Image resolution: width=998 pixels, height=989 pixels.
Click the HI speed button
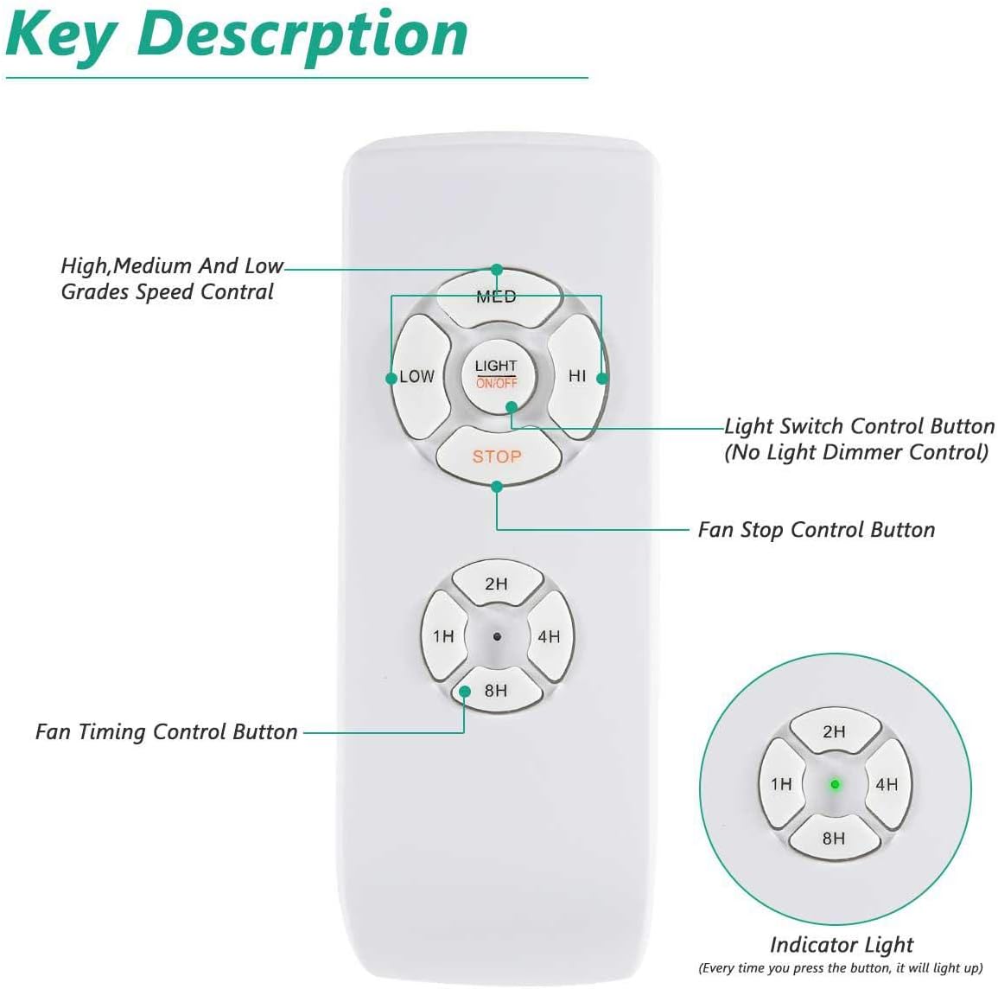(577, 376)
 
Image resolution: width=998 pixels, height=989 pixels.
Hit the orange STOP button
(497, 456)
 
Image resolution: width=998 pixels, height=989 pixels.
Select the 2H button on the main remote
(496, 584)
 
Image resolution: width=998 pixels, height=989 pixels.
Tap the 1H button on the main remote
(443, 636)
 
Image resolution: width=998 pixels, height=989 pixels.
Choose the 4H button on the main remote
(549, 636)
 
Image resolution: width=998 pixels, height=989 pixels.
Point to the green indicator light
(835, 785)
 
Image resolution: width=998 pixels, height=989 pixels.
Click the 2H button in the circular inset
(834, 731)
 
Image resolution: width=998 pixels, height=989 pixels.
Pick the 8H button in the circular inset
(834, 838)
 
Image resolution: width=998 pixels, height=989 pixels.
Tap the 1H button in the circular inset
(781, 784)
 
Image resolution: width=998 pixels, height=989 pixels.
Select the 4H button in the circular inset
(887, 784)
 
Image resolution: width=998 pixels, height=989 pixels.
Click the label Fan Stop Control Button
(816, 530)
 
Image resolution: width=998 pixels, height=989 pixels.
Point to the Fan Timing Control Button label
(167, 732)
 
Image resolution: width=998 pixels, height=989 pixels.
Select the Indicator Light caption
(841, 944)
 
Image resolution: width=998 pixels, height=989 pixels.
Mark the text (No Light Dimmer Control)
(856, 452)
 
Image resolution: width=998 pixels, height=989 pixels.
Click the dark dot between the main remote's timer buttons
(497, 637)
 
